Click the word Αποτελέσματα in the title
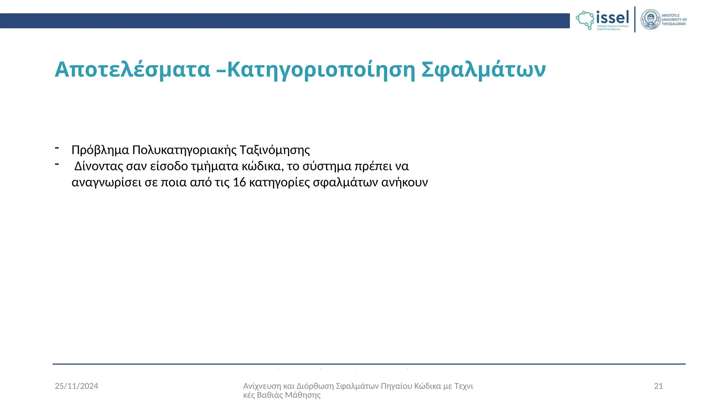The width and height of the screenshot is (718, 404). pyautogui.click(x=133, y=69)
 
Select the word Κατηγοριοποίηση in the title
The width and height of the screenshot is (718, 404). pyautogui.click(x=321, y=69)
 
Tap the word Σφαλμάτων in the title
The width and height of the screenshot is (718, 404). pyautogui.click(x=483, y=69)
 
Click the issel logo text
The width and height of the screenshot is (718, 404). pyautogui.click(x=612, y=18)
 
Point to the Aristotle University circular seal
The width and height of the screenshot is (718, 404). pyautogui.click(x=650, y=20)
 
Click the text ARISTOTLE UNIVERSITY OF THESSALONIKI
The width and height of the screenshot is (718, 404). pyautogui.click(x=674, y=20)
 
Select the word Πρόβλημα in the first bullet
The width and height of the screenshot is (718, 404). pyautogui.click(x=100, y=150)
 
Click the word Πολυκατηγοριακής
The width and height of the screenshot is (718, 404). pyautogui.click(x=185, y=150)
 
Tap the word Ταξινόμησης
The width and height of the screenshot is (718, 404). pyautogui.click(x=275, y=150)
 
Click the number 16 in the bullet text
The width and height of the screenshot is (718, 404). pyautogui.click(x=239, y=182)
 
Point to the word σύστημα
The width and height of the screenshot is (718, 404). pyautogui.click(x=327, y=166)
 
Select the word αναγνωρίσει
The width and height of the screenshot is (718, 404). pyautogui.click(x=107, y=182)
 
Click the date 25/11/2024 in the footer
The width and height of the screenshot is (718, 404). pyautogui.click(x=76, y=386)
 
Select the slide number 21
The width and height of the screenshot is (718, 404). pyautogui.click(x=658, y=386)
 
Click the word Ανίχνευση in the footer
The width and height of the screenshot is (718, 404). pyautogui.click(x=262, y=386)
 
